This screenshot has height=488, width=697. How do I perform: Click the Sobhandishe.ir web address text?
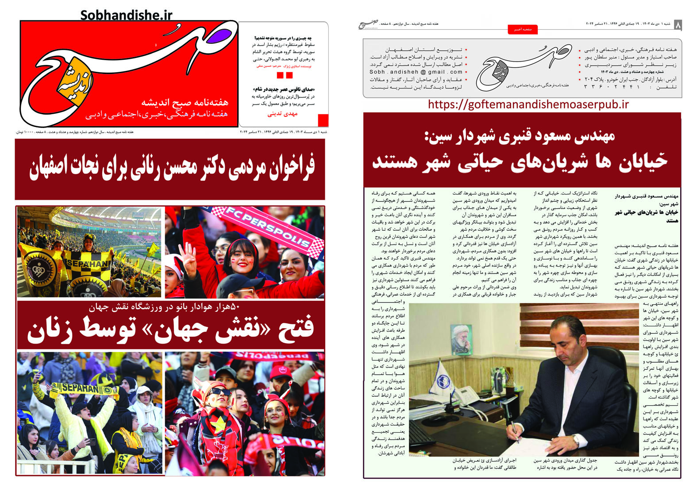coord(126,15)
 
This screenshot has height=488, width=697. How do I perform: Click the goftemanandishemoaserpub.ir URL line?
coord(528,105)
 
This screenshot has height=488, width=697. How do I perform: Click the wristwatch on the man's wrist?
coord(575,441)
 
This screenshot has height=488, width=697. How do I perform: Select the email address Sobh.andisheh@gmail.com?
coord(416,72)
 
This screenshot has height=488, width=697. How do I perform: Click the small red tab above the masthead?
coord(523,29)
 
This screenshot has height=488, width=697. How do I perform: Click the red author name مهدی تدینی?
coord(282,114)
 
